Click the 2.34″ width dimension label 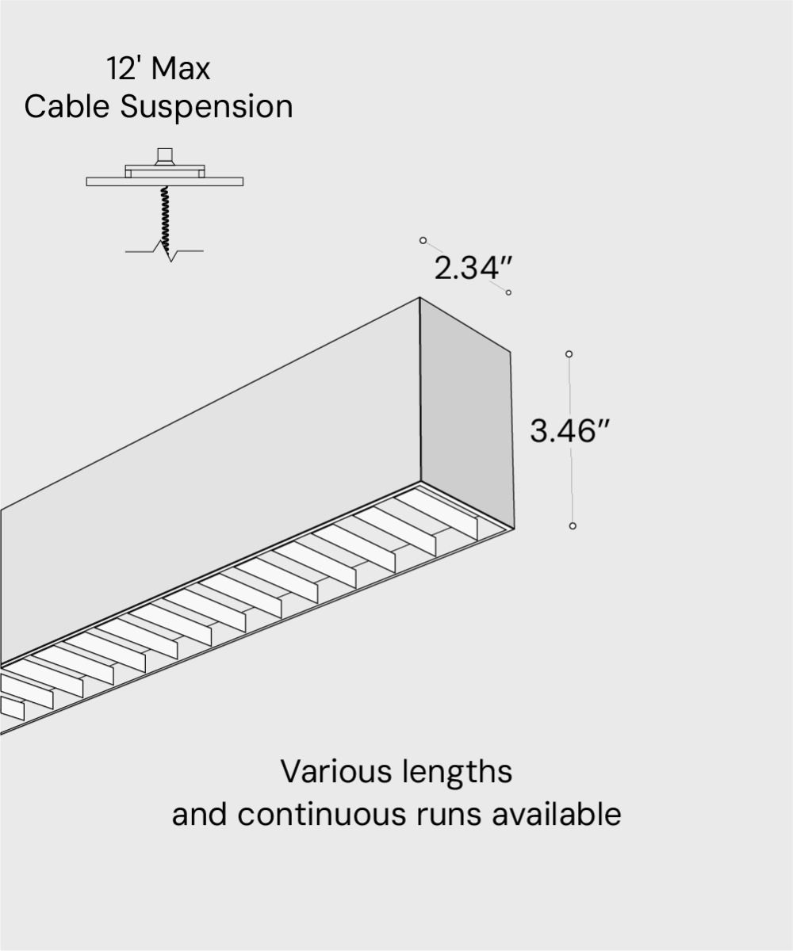click(x=469, y=269)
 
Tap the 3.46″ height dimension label click(x=569, y=432)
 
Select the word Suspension click(x=207, y=107)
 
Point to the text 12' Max click(x=159, y=69)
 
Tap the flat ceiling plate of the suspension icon click(x=164, y=181)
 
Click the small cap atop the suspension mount click(x=165, y=155)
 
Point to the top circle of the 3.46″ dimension click(x=569, y=354)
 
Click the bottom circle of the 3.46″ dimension click(x=573, y=525)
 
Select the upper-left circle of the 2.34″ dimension click(x=423, y=240)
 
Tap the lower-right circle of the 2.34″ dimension click(x=508, y=292)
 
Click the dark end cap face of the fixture click(x=466, y=412)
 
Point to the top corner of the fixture click(x=419, y=299)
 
